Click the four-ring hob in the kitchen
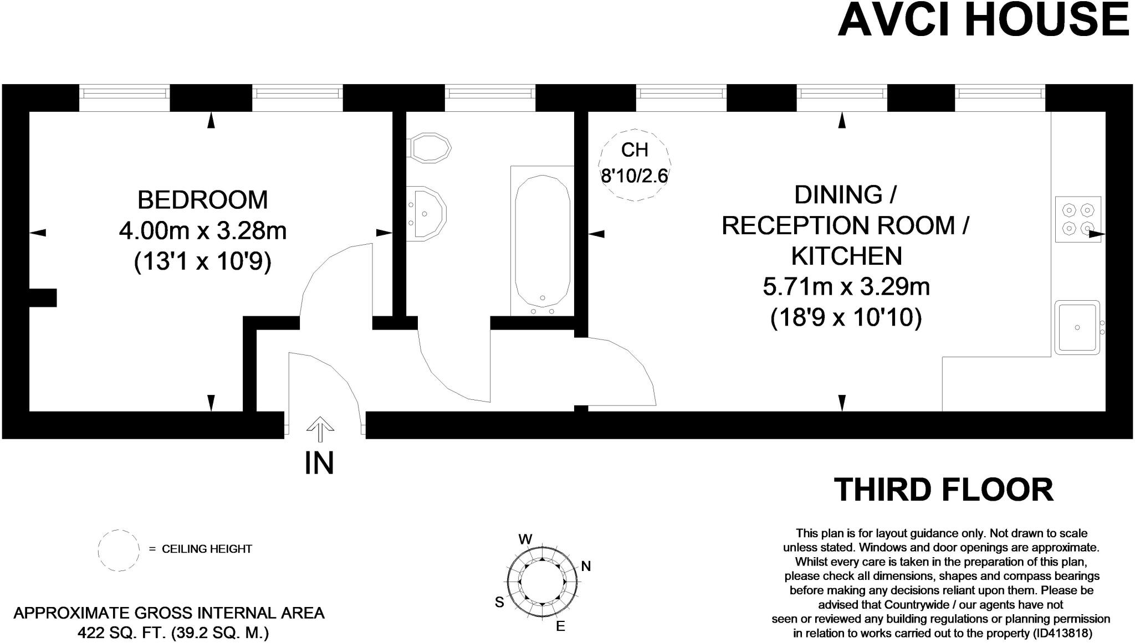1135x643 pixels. (1078, 219)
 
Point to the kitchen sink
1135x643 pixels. (1077, 327)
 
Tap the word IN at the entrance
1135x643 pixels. (319, 463)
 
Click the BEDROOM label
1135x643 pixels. (202, 200)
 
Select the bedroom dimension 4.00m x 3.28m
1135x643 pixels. (202, 231)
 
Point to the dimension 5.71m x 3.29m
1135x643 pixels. (846, 287)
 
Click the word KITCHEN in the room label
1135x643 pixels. (846, 256)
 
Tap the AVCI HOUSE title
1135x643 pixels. (983, 19)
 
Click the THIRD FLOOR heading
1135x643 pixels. (943, 490)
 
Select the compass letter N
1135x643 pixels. (586, 566)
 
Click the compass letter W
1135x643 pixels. (525, 539)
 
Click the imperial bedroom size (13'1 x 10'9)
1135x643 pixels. (202, 262)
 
